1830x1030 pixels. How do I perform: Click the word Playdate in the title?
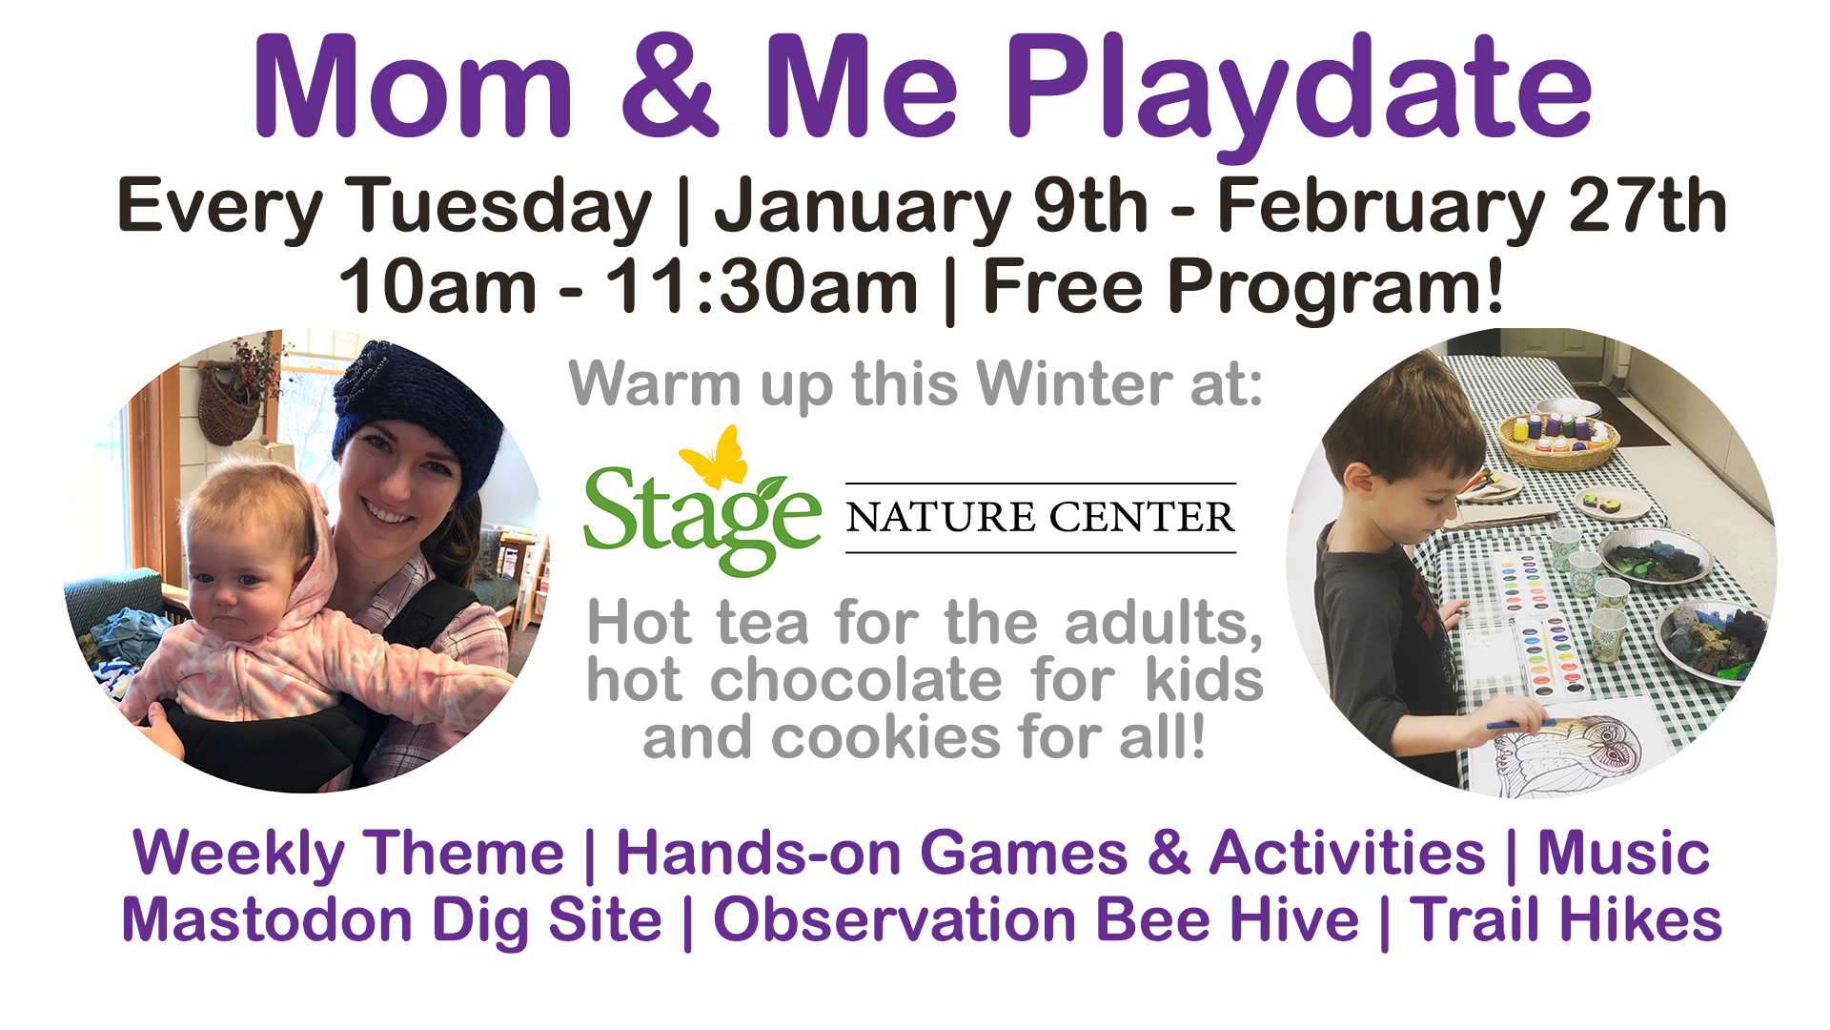tap(1299, 91)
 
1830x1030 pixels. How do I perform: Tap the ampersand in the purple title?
tap(669, 87)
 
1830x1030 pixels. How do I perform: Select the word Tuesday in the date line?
tap(498, 207)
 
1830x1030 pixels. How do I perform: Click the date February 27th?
tap(1472, 207)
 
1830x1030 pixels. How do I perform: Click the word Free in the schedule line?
tap(1062, 285)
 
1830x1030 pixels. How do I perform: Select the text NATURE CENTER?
tap(1040, 517)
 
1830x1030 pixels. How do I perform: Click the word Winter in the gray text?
tap(1071, 383)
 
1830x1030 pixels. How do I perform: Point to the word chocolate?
tap(856, 680)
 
